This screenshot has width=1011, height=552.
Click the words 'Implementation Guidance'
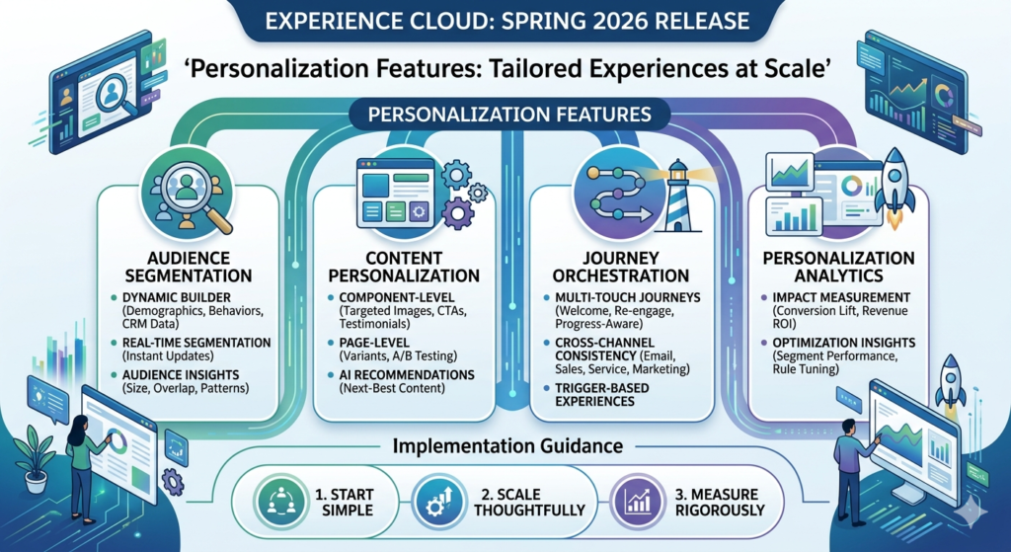click(x=506, y=445)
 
